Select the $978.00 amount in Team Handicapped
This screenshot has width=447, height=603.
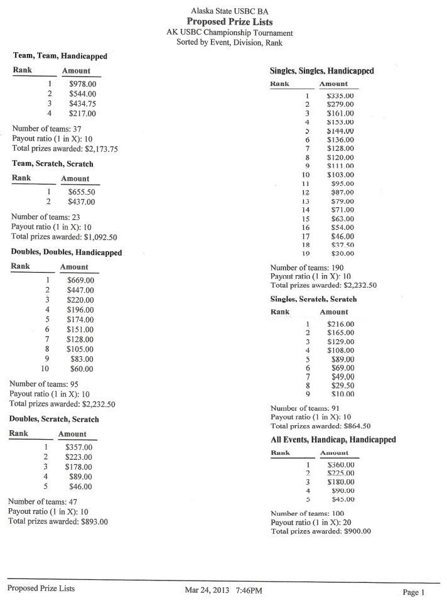pyautogui.click(x=82, y=84)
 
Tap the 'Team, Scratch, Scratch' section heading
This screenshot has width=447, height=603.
pyautogui.click(x=53, y=164)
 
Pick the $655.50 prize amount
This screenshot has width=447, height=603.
pyautogui.click(x=81, y=192)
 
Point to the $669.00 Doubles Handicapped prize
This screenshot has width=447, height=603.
pyautogui.click(x=80, y=280)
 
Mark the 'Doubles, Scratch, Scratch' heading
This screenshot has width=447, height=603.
pyautogui.click(x=54, y=419)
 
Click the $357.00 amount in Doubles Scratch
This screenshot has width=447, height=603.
pyautogui.click(x=78, y=447)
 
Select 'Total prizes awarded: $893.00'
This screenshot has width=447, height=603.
pyautogui.click(x=58, y=521)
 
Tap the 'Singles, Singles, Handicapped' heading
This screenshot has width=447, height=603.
pyautogui.click(x=321, y=71)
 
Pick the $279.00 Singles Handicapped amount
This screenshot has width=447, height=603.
pyautogui.click(x=340, y=104)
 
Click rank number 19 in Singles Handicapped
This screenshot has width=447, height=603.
pyautogui.click(x=306, y=254)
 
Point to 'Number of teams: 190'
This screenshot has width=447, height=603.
pyautogui.click(x=307, y=268)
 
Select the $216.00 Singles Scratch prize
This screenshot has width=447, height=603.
pyautogui.click(x=341, y=324)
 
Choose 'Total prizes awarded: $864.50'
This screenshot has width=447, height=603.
pyautogui.click(x=320, y=425)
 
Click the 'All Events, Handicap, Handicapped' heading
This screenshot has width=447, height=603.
pyautogui.click(x=333, y=440)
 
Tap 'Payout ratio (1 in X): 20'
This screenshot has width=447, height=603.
pyautogui.click(x=311, y=522)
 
